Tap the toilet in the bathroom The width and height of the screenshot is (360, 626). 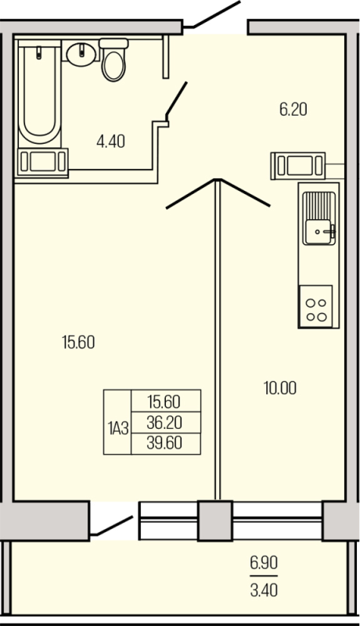[114, 59]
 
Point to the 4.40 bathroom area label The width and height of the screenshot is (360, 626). [110, 142]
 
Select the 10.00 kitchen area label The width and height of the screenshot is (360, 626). [279, 387]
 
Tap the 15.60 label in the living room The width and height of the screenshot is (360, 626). [78, 341]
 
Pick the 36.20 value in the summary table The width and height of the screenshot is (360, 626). [164, 423]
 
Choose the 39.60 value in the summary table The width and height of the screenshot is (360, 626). [164, 443]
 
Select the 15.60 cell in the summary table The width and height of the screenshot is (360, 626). [164, 402]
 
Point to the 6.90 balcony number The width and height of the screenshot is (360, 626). [264, 562]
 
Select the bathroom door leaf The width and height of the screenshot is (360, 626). [175, 99]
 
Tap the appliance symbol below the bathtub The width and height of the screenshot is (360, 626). [43, 162]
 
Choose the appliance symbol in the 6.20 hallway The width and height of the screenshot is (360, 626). [298, 165]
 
